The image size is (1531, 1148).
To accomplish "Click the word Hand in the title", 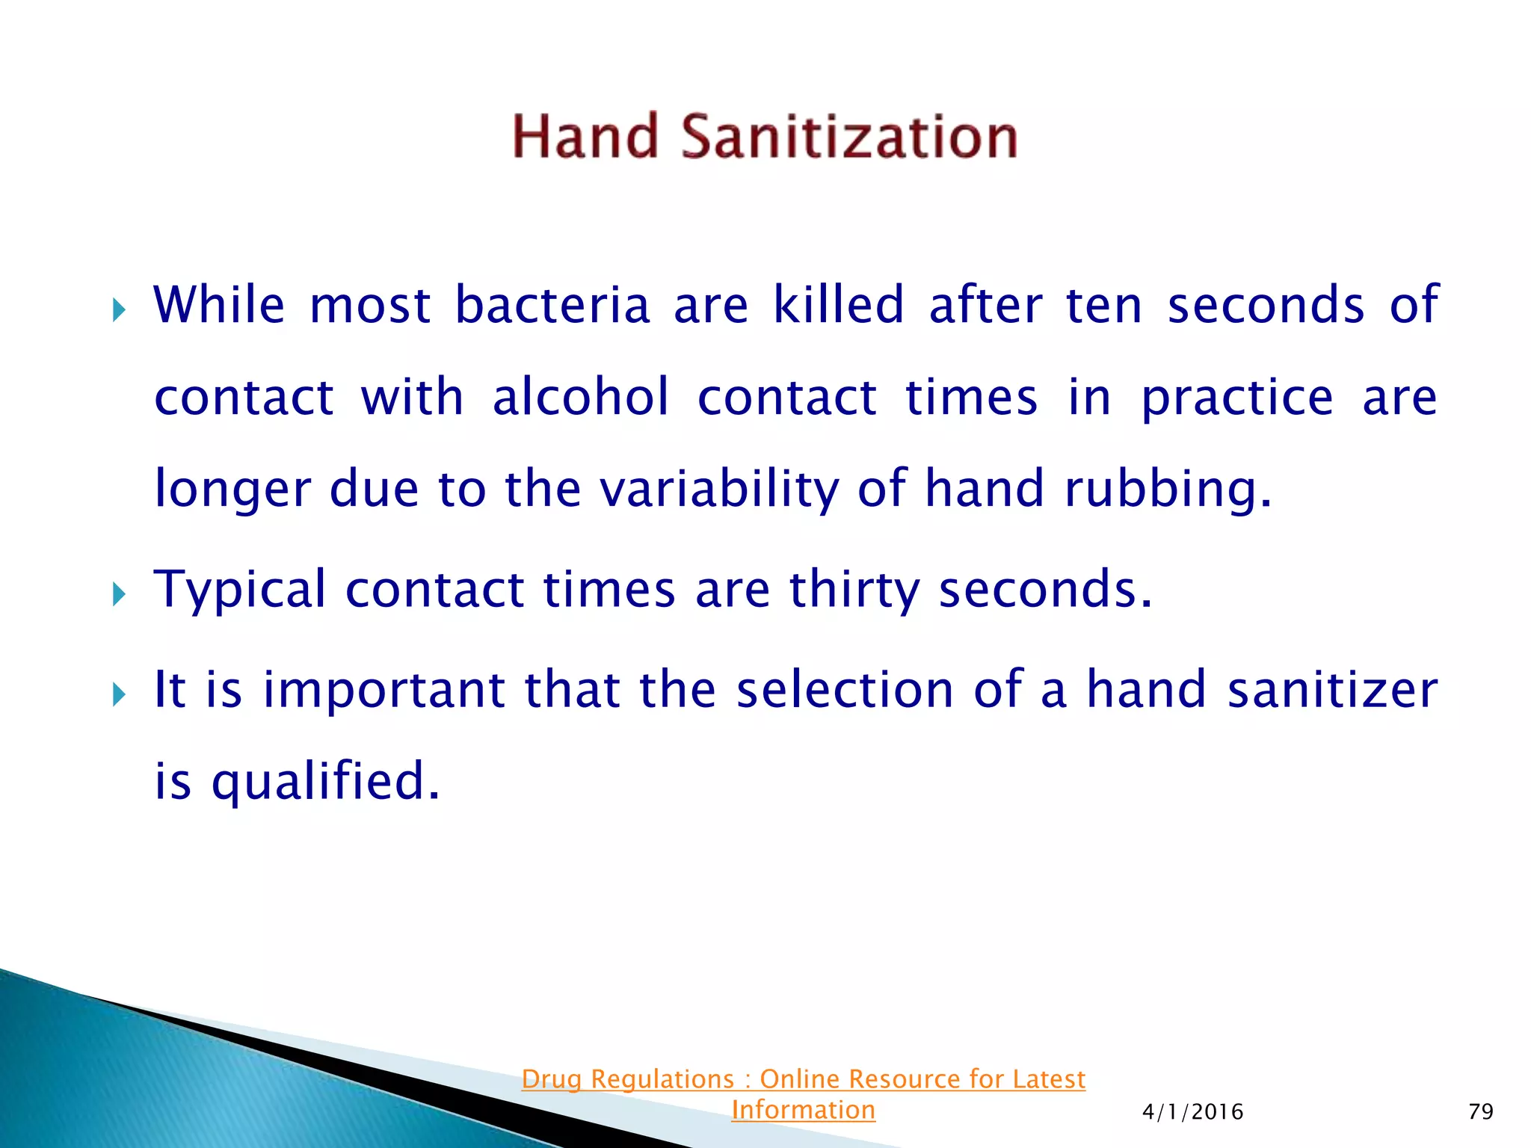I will tap(585, 137).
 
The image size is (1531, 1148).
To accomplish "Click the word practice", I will tap(1236, 398).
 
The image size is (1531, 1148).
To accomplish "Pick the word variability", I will tap(720, 490).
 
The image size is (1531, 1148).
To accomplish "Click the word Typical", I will tap(240, 590).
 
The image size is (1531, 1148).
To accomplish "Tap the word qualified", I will tap(326, 781).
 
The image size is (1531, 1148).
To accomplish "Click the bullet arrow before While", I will tap(119, 309).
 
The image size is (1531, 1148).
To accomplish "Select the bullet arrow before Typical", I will tap(119, 595).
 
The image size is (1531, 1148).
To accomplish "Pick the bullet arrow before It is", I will tap(119, 694).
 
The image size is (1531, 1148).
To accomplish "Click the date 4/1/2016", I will tap(1192, 1112).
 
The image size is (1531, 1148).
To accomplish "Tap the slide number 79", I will tap(1480, 1111).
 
